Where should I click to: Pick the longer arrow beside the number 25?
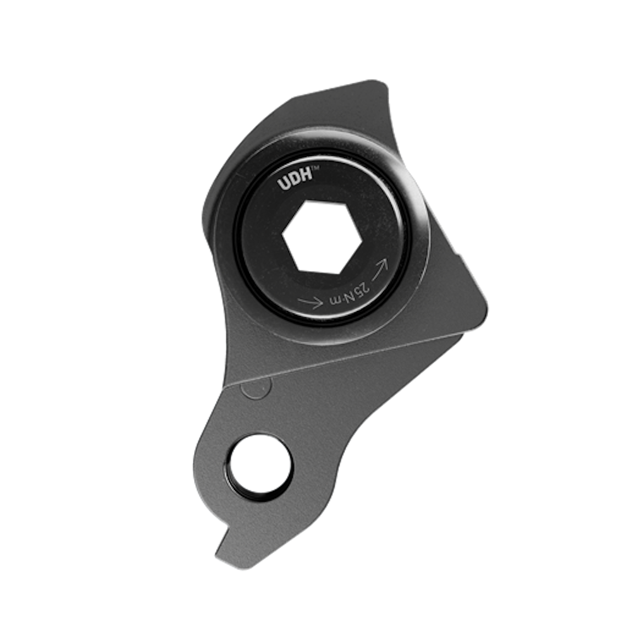pyautogui.click(x=382, y=266)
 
